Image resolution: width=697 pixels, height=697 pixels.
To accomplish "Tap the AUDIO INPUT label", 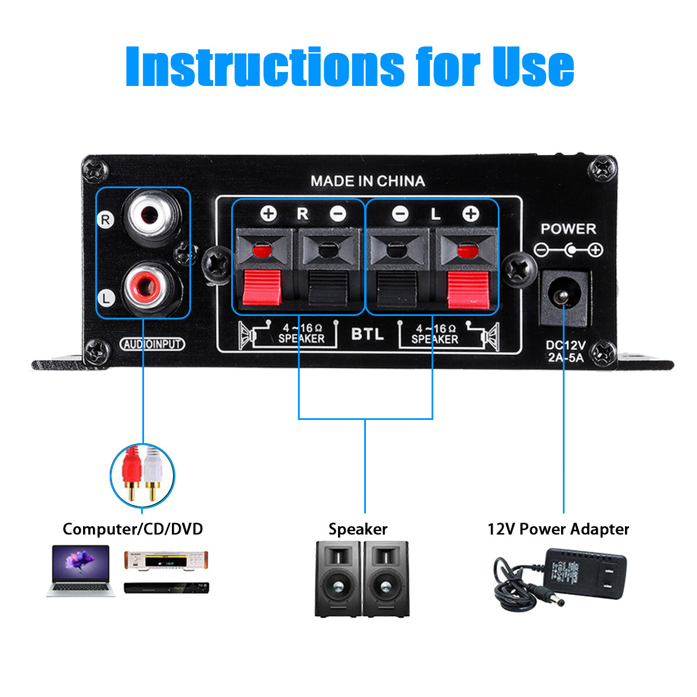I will (x=152, y=344).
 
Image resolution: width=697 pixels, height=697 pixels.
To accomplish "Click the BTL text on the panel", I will (x=367, y=334).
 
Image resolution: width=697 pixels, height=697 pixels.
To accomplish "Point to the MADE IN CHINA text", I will (x=367, y=181).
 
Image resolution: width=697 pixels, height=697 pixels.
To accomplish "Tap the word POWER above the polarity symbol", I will (x=568, y=229).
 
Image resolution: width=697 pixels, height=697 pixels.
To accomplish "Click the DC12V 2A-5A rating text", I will (x=565, y=351).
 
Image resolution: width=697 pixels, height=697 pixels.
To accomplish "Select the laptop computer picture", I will (x=79, y=570).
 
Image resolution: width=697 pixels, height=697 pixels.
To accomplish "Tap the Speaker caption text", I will (x=358, y=529).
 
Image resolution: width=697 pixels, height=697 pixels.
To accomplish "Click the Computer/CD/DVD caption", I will (x=133, y=529).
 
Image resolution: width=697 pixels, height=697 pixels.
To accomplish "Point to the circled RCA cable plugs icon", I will (x=142, y=475).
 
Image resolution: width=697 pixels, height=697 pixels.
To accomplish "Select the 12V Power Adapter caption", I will (x=558, y=529).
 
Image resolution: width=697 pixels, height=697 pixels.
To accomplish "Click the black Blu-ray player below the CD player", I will (x=167, y=588).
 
